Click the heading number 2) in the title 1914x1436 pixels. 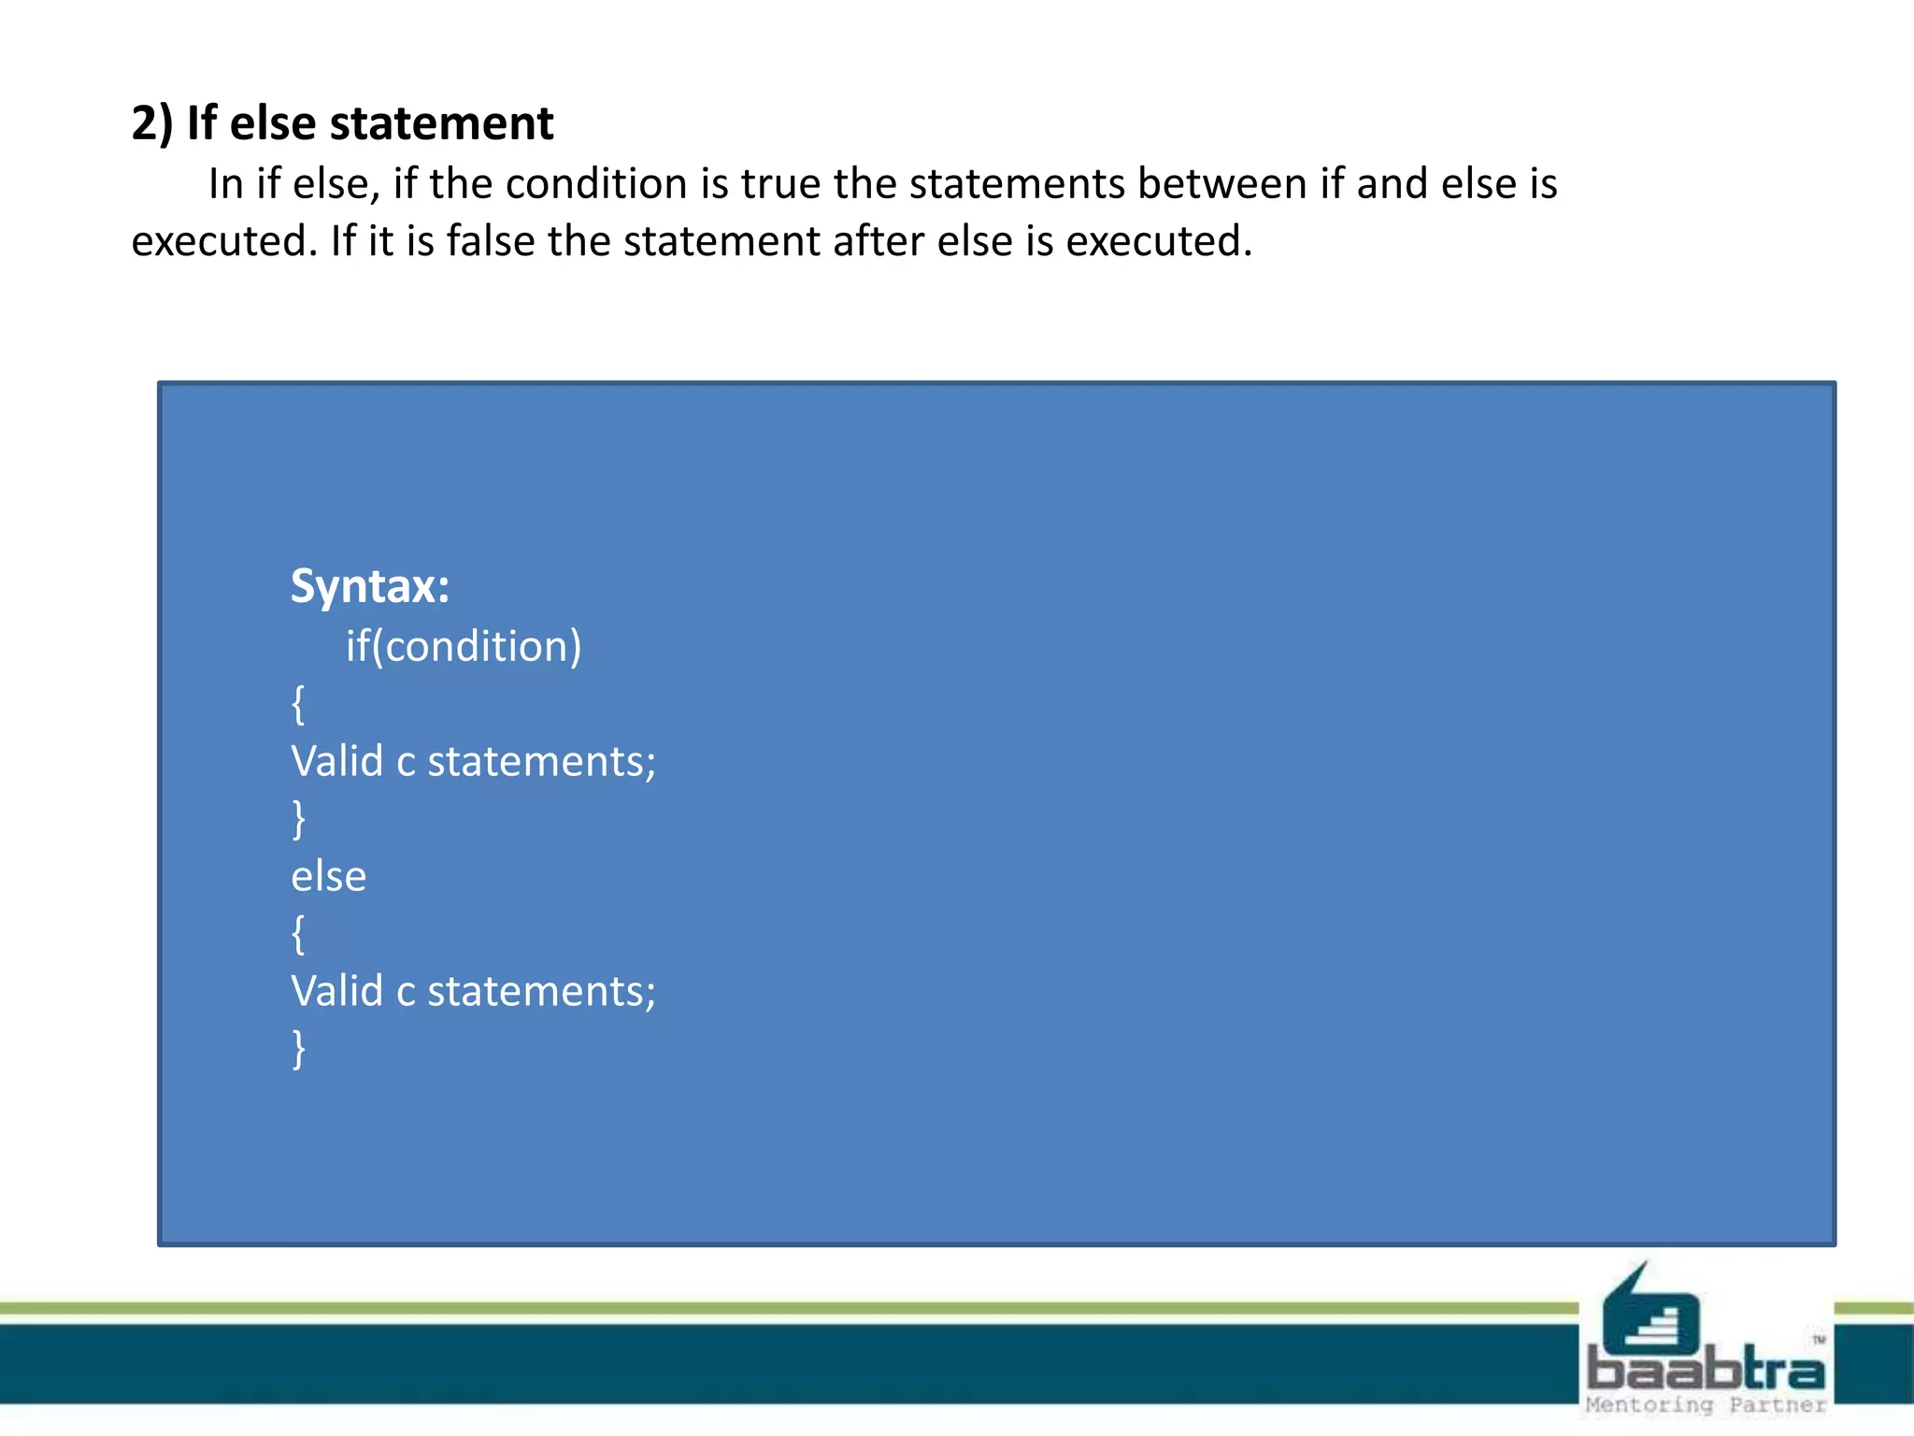click(x=151, y=123)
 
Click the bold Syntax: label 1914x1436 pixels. click(x=370, y=587)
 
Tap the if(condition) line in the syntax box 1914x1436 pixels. click(x=464, y=646)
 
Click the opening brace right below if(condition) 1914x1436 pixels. click(x=298, y=704)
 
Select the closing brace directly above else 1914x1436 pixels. click(x=298, y=819)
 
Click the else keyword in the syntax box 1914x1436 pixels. click(x=328, y=877)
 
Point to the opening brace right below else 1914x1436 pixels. click(x=298, y=934)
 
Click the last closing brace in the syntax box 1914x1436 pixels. click(x=298, y=1049)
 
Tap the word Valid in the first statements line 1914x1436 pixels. click(x=336, y=761)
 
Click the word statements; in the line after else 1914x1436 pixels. click(x=541, y=991)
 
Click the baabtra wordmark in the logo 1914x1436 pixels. click(x=1706, y=1370)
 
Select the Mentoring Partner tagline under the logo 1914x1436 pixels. click(x=1706, y=1405)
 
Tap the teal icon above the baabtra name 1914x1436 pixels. click(x=1649, y=1314)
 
